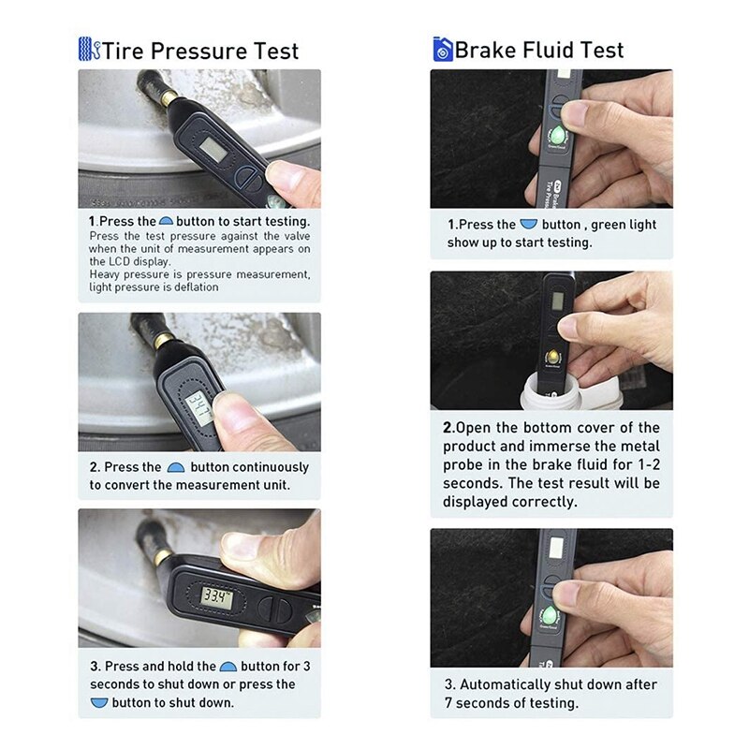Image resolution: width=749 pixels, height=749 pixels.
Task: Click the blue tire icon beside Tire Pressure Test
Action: (x=89, y=49)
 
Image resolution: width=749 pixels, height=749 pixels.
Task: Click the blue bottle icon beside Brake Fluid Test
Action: (x=442, y=49)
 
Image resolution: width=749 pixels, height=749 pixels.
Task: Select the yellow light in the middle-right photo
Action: (x=553, y=356)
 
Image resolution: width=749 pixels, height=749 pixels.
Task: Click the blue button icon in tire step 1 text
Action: (x=167, y=222)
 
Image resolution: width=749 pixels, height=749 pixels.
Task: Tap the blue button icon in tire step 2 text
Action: (x=175, y=467)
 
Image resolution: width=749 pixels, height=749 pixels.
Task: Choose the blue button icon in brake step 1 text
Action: (x=529, y=225)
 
